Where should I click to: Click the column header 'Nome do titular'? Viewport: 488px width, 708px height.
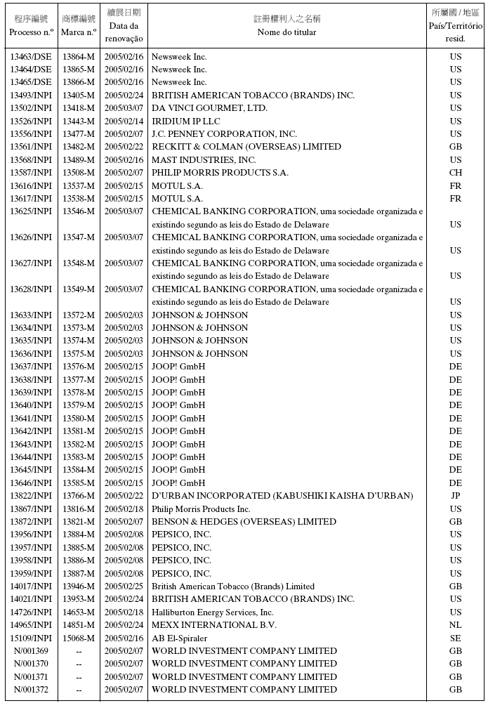coord(286,32)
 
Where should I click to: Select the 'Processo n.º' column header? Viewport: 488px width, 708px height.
coord(30,32)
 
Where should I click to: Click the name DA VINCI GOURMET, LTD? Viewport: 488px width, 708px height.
coord(209,108)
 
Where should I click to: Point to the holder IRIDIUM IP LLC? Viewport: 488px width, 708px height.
coord(185,122)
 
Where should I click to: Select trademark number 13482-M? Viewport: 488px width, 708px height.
coord(79,147)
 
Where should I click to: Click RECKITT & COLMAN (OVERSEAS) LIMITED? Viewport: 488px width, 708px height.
coord(246,147)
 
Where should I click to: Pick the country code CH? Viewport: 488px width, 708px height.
coord(456,173)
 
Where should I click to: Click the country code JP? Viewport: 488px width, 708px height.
coord(456,496)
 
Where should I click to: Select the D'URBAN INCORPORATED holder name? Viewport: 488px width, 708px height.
coord(282,496)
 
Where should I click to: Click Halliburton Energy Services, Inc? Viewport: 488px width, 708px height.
coord(213,612)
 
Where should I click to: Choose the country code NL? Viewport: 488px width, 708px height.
coord(456,625)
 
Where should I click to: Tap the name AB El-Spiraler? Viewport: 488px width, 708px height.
coord(179,638)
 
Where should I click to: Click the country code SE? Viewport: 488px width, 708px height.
coord(456,638)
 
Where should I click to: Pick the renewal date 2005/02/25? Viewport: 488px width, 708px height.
coord(124,586)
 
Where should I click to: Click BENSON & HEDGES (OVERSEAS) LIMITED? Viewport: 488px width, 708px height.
coord(244,522)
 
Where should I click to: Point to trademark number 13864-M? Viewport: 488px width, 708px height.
coord(79,57)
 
